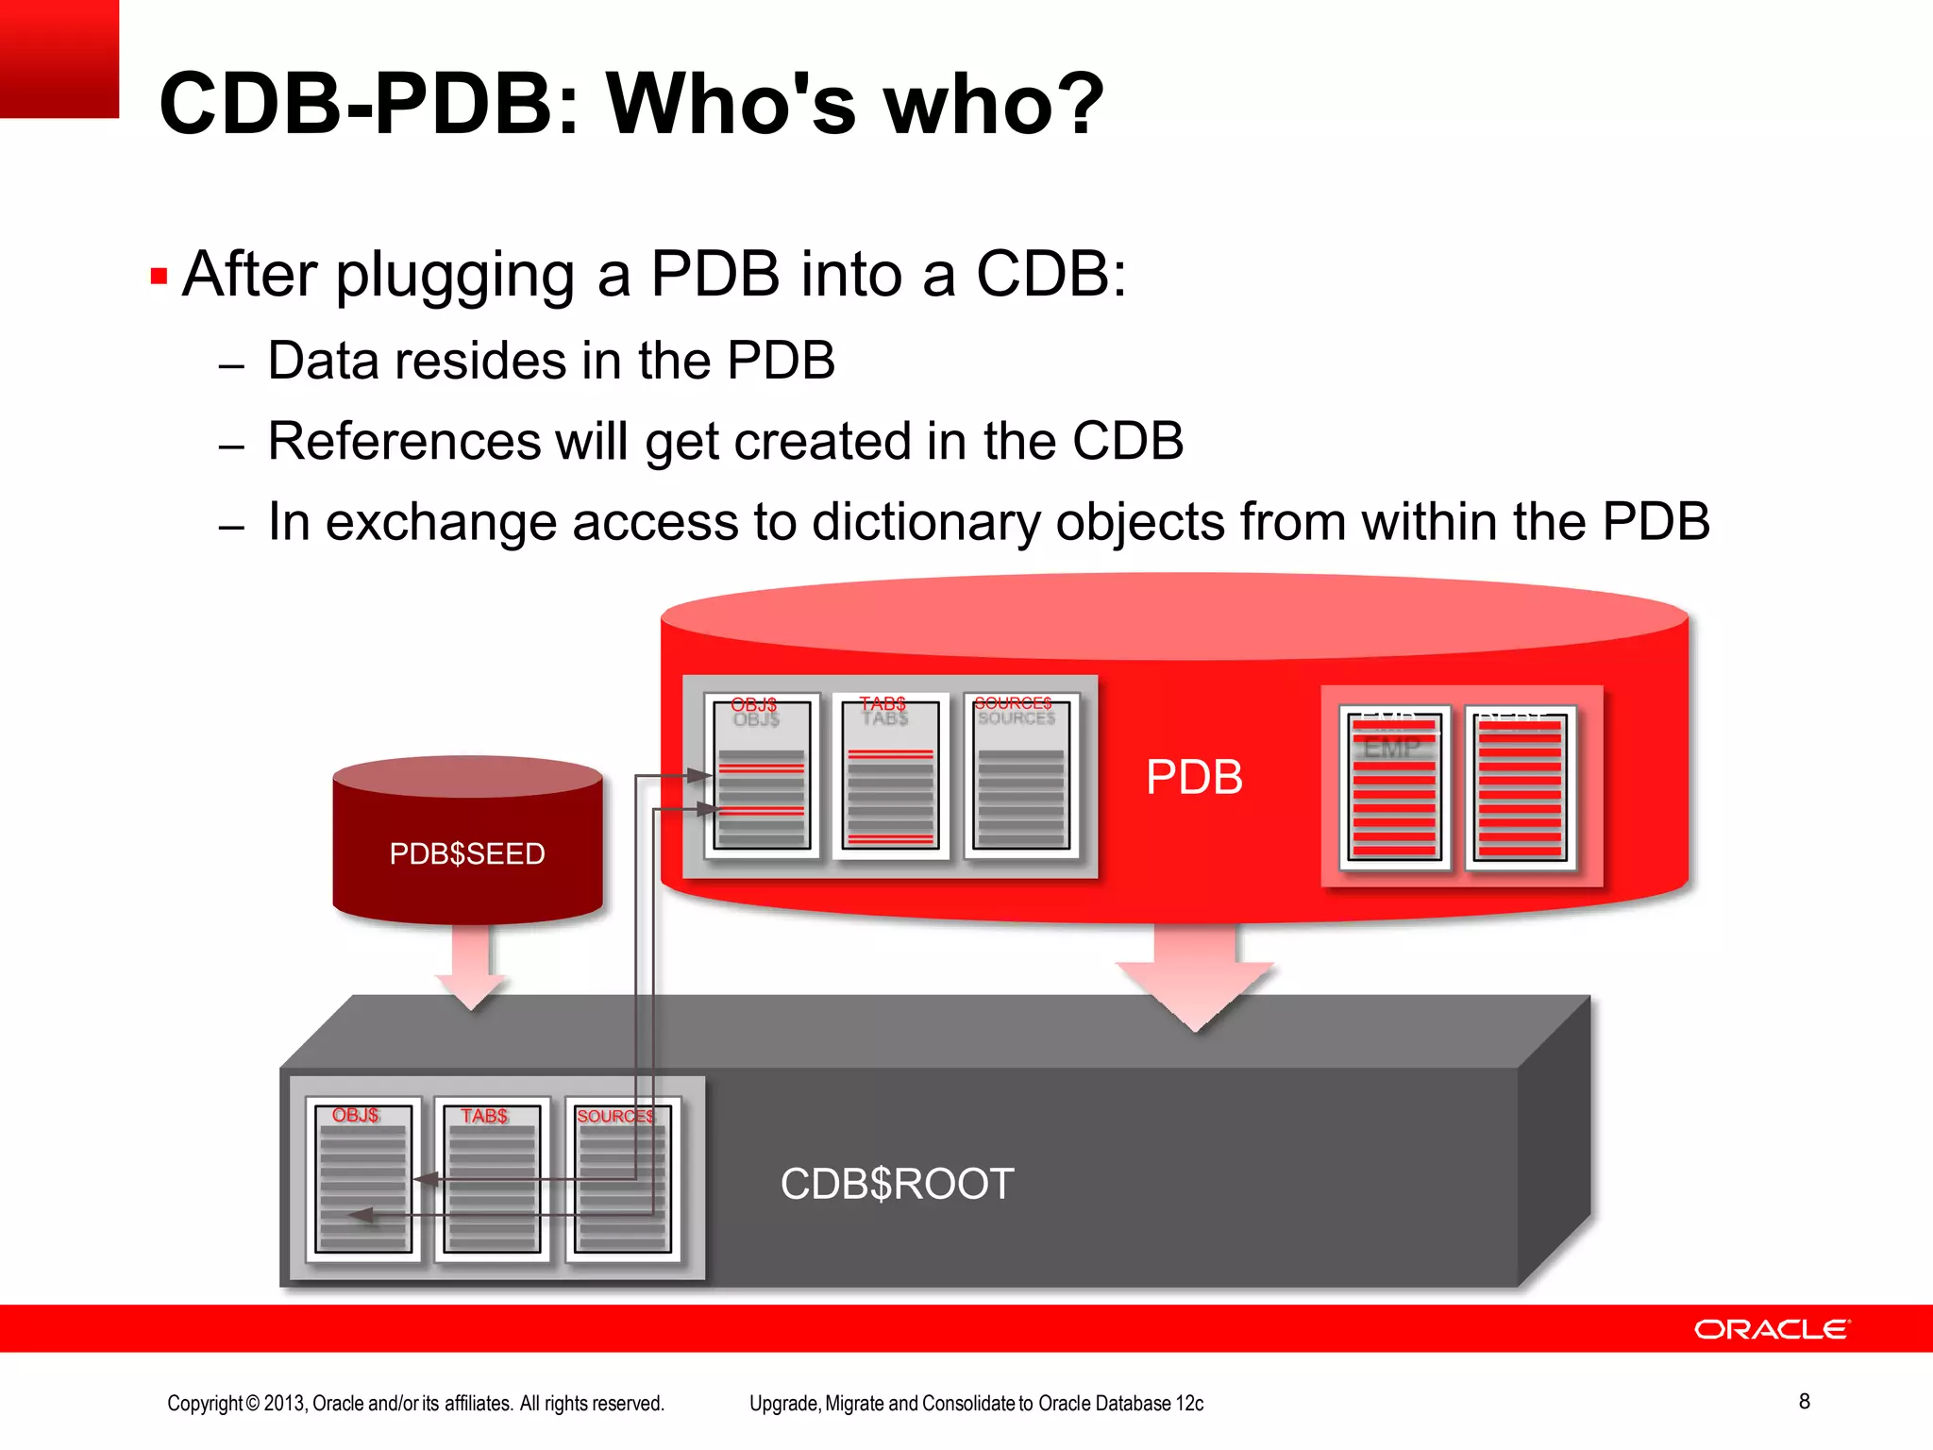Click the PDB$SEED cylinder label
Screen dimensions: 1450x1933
[467, 853]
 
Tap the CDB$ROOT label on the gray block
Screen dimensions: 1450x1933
[897, 1184]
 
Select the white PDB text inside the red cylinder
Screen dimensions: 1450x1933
[1194, 778]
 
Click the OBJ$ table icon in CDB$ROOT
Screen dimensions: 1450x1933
[363, 1179]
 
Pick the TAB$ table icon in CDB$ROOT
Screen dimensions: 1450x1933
[492, 1179]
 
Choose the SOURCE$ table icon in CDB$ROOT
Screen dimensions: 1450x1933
[622, 1179]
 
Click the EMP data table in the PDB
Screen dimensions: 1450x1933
[1394, 786]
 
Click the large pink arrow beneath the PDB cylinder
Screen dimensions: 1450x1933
[1195, 977]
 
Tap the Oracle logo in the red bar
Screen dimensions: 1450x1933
[1772, 1329]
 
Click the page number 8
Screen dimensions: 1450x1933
[1804, 1401]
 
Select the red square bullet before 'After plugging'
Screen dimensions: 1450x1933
[159, 278]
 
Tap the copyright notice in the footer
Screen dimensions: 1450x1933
[415, 1403]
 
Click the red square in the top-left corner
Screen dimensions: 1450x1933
[59, 59]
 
